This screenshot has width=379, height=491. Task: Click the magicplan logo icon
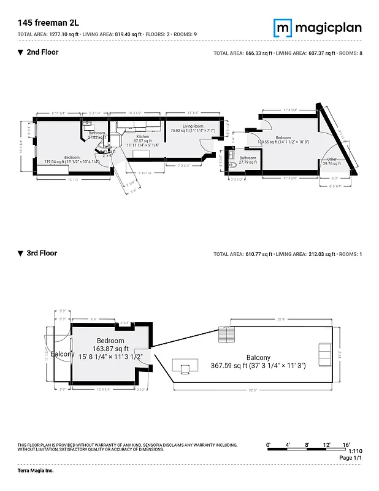pos(282,28)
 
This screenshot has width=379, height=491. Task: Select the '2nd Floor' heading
pos(42,52)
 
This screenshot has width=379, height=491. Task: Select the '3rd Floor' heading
pos(41,253)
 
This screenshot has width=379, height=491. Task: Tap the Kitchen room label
pos(142,137)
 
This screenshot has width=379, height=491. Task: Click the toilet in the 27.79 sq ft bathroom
pos(232,164)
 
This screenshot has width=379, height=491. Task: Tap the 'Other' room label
pos(332,160)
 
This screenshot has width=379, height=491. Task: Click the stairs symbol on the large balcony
pos(227,335)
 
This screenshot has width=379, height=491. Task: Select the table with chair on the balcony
pos(185,367)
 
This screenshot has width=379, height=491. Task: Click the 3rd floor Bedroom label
pos(110,341)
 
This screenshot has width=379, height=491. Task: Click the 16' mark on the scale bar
pos(346,444)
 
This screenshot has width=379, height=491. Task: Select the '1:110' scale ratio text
pos(346,451)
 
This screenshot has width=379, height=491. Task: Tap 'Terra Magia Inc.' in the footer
pos(36,471)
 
